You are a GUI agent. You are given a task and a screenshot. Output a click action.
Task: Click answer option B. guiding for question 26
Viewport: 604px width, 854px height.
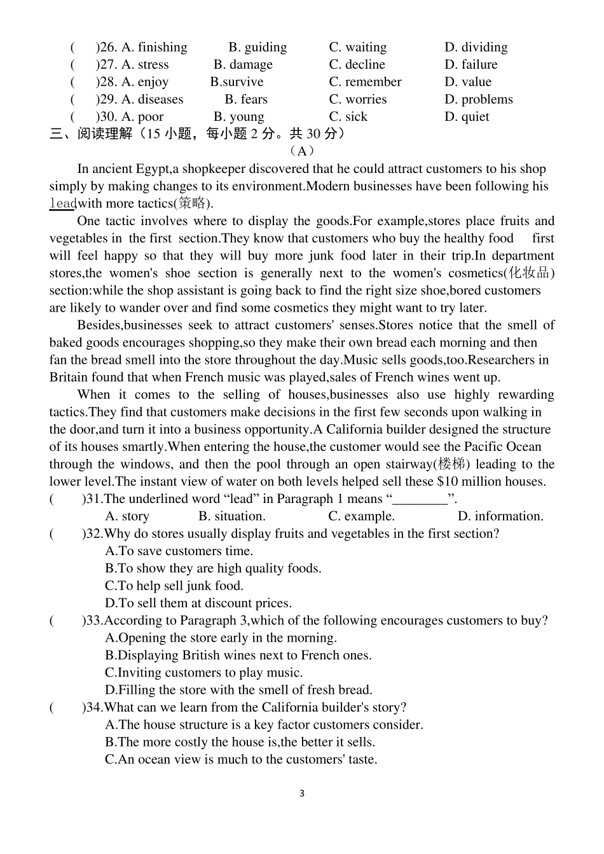click(257, 48)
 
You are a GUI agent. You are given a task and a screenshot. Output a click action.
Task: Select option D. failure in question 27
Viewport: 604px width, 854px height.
click(470, 65)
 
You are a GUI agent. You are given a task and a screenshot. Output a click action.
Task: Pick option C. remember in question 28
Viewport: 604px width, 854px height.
click(365, 82)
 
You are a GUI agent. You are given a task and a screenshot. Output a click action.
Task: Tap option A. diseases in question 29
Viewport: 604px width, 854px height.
click(152, 100)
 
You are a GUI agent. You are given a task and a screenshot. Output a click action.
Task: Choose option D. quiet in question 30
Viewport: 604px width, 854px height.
click(467, 117)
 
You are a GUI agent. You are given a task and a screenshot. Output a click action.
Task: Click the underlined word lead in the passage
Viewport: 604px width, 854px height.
click(62, 204)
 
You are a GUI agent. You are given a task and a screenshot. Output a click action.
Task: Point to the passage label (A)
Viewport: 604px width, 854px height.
click(301, 151)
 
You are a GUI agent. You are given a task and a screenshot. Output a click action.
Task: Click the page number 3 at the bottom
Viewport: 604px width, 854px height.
click(301, 794)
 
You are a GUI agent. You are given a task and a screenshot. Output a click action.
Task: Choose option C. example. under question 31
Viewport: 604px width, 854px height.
click(361, 516)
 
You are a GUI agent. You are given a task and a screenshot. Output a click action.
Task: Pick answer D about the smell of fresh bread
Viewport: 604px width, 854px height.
click(238, 690)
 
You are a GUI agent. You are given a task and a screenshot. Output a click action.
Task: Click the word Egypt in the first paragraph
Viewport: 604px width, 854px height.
click(152, 169)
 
